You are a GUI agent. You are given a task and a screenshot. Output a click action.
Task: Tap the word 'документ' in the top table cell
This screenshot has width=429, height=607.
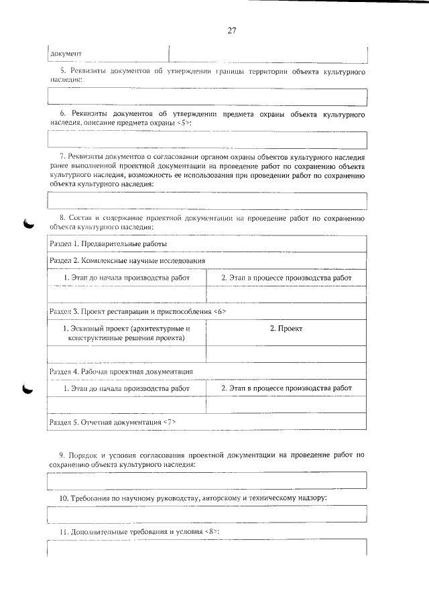click(x=66, y=53)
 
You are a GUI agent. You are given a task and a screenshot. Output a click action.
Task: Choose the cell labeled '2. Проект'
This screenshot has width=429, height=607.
click(x=286, y=329)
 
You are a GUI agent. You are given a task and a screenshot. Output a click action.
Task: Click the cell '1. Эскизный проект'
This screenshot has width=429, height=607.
click(x=127, y=333)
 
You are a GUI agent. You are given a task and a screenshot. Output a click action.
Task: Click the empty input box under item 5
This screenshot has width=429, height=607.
click(x=208, y=97)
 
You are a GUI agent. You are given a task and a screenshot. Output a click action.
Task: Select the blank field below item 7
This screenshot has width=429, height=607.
click(x=208, y=201)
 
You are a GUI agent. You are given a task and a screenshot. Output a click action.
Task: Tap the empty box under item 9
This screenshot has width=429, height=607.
click(x=208, y=480)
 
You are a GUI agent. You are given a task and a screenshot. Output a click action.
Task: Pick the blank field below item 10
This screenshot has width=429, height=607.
click(x=208, y=514)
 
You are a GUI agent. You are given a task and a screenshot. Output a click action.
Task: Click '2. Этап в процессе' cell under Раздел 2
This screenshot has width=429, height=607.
click(x=286, y=277)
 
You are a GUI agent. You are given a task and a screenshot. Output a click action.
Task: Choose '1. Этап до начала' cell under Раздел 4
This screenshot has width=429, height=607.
click(x=127, y=388)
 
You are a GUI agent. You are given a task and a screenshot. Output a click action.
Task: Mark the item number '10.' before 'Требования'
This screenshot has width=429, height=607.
click(x=64, y=499)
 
